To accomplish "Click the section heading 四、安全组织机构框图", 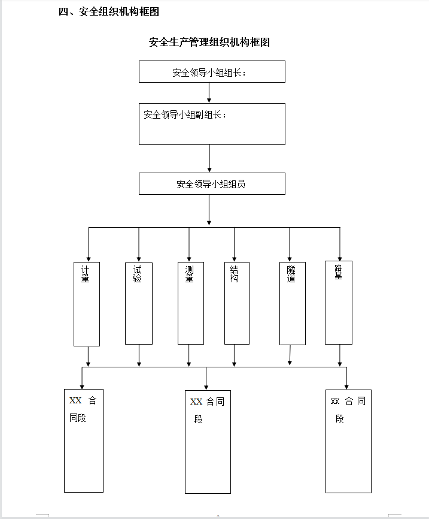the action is pyautogui.click(x=109, y=11).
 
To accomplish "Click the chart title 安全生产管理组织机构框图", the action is pyautogui.click(x=209, y=42).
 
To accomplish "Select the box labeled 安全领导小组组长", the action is pyautogui.click(x=212, y=71).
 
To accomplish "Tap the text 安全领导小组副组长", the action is pyautogui.click(x=185, y=114).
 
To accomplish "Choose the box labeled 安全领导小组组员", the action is pyautogui.click(x=212, y=184).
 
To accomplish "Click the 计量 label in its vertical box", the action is pyautogui.click(x=86, y=274).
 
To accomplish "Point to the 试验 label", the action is pyautogui.click(x=137, y=274).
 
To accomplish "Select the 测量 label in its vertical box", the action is pyautogui.click(x=189, y=274).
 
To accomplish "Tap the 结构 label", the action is pyautogui.click(x=234, y=274).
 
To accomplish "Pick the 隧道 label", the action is pyautogui.click(x=291, y=274).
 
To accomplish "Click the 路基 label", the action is pyautogui.click(x=338, y=272).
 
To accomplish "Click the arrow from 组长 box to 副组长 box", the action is pyautogui.click(x=209, y=93).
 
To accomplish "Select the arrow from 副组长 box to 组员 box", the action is pyautogui.click(x=209, y=158).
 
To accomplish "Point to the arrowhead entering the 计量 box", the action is pyautogui.click(x=89, y=259).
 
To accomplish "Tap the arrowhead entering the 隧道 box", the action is pyautogui.click(x=290, y=259).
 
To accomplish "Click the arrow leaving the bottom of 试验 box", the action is pyautogui.click(x=139, y=355).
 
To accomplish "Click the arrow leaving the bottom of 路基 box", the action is pyautogui.click(x=340, y=355).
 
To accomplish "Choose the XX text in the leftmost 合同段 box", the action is pyautogui.click(x=75, y=400).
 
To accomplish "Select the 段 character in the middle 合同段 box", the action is pyautogui.click(x=198, y=419).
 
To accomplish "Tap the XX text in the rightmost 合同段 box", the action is pyautogui.click(x=335, y=401).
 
